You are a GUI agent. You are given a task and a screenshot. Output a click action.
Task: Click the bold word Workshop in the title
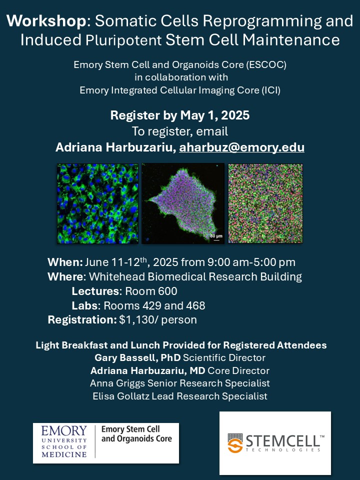(x=46, y=21)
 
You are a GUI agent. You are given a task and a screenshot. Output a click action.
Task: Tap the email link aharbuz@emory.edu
(x=241, y=147)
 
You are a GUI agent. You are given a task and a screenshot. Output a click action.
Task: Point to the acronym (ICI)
(x=271, y=90)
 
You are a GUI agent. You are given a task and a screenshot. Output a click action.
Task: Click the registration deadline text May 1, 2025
(x=215, y=115)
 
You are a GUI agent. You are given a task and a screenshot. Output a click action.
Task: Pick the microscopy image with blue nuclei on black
(x=97, y=203)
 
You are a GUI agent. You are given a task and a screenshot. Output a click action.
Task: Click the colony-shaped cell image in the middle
(x=183, y=203)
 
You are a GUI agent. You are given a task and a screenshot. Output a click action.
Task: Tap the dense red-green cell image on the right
(x=265, y=203)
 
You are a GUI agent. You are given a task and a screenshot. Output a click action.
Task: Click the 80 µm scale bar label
(x=216, y=236)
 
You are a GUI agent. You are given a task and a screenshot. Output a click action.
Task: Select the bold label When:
(x=65, y=262)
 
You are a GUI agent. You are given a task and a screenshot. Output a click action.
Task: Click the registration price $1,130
(x=137, y=320)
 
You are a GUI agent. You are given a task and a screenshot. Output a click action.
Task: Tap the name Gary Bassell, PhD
(x=137, y=357)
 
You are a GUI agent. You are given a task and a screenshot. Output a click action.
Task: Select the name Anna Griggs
(x=117, y=383)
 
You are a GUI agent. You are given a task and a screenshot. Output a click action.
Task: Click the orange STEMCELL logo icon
(x=235, y=443)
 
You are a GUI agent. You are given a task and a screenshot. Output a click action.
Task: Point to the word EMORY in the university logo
(x=64, y=430)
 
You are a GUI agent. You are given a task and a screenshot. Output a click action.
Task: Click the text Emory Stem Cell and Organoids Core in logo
(x=136, y=434)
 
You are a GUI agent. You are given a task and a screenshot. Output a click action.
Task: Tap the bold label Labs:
(x=86, y=305)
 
